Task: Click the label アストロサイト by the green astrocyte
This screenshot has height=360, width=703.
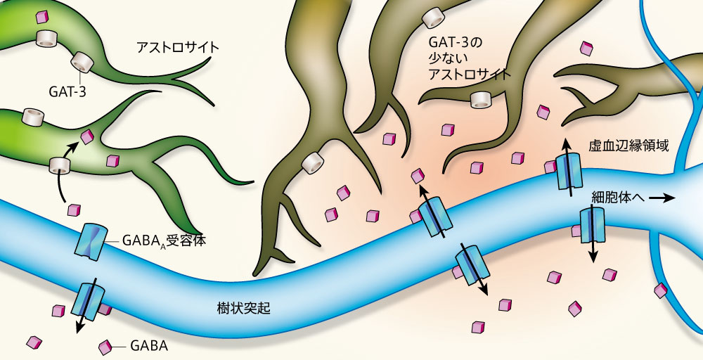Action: (x=178, y=49)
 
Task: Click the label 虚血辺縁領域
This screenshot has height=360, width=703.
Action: (x=628, y=147)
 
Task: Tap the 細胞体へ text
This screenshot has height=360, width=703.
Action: (x=617, y=199)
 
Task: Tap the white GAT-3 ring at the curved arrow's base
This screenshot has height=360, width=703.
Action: (x=60, y=166)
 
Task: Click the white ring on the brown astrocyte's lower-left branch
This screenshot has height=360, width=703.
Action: (x=313, y=163)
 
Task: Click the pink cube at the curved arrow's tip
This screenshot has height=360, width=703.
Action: (x=87, y=136)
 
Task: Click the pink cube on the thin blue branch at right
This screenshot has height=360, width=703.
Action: (x=661, y=289)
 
